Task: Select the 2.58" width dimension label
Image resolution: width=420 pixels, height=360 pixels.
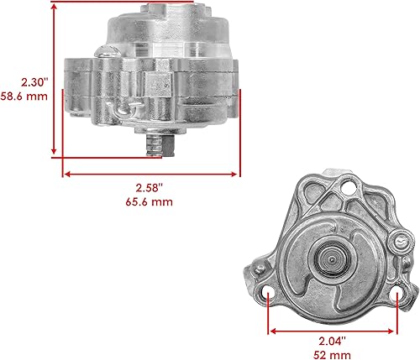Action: pos(150,188)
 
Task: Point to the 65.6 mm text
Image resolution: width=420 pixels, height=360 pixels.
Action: pos(150,202)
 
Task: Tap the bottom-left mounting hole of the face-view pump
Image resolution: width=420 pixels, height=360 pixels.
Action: pos(269,295)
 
